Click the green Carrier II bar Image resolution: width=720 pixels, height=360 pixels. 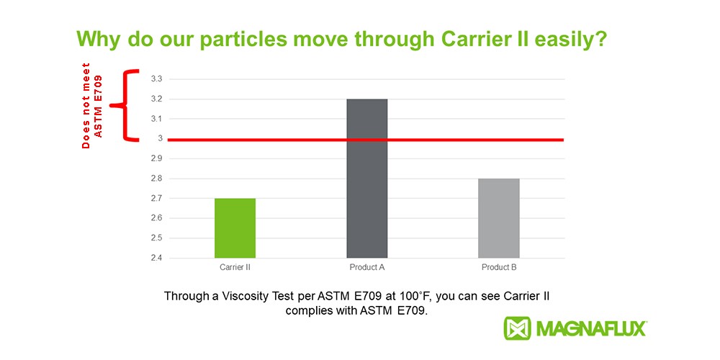coord(235,228)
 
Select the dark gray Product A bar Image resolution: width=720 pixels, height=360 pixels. coord(367,179)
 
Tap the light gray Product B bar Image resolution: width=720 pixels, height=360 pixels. coord(499,218)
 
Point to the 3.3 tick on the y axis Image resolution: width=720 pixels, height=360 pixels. coord(156,79)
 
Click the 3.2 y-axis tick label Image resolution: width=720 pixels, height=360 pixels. coord(156,99)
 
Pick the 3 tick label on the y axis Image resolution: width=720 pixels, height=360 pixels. coord(161,139)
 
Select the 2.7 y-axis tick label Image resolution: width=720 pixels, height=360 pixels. coord(156,199)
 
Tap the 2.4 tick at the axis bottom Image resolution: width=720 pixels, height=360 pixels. coord(156,258)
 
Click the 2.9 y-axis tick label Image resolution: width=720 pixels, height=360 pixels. coord(156,159)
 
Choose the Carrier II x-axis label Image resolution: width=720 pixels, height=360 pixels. coord(235,267)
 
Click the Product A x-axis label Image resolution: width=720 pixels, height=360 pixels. coord(367,267)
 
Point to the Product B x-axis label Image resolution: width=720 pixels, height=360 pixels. coord(499,267)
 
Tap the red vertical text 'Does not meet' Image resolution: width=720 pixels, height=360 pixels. coord(86,106)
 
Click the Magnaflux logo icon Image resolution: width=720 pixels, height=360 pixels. coord(517,328)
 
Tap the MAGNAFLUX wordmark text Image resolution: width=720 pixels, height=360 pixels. coord(591,329)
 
